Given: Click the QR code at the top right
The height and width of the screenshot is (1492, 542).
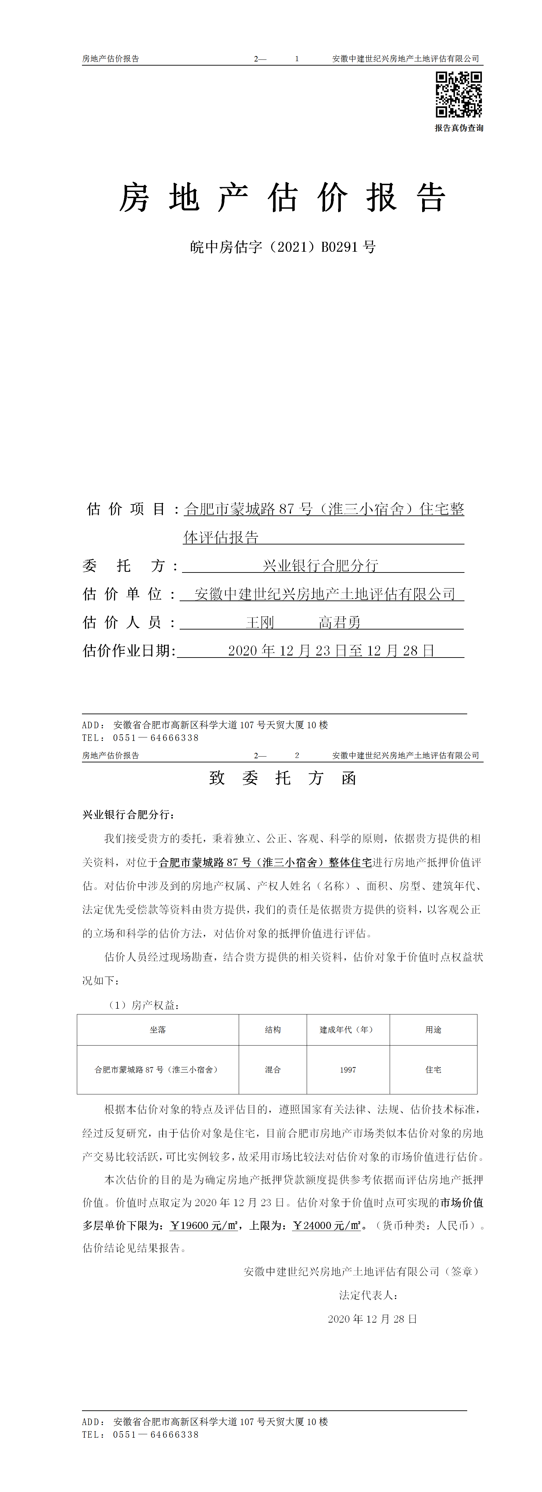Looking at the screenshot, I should coord(459,94).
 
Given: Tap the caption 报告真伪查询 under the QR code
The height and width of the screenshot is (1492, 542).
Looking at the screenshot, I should coord(459,128).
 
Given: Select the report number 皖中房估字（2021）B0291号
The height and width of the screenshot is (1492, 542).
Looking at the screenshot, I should coord(282,247).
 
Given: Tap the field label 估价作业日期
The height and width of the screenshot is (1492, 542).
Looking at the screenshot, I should coord(128,651).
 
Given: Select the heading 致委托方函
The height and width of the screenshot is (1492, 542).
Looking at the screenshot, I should coord(282,778).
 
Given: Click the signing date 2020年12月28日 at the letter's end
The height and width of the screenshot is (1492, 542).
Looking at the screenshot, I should coord(372,1319).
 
